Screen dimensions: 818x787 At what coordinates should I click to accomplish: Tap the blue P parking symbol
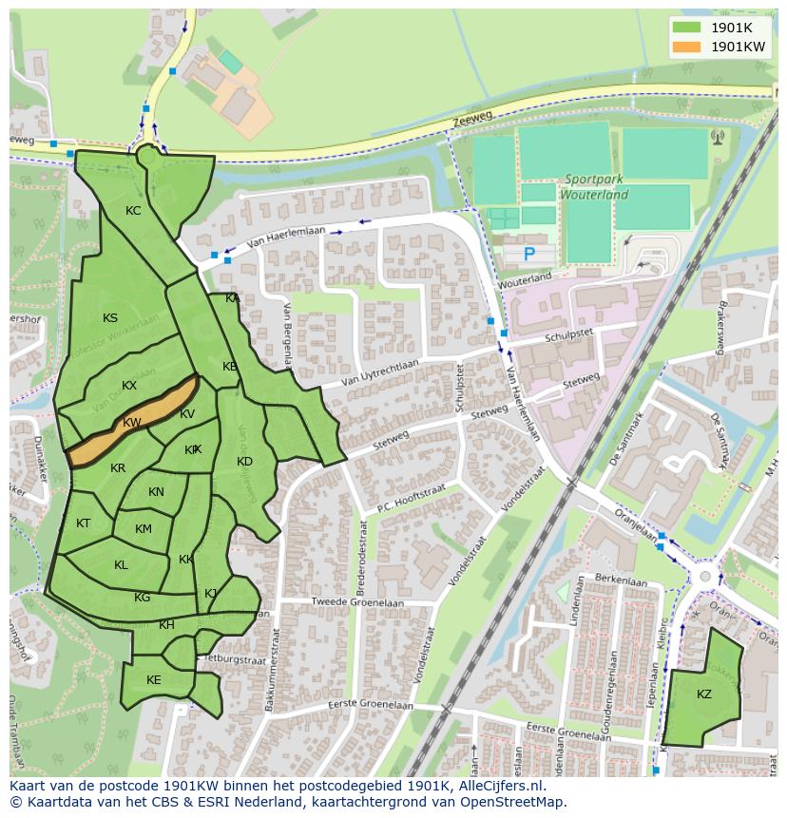pos(529,254)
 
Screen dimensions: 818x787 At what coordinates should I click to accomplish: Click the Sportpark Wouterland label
pos(595,186)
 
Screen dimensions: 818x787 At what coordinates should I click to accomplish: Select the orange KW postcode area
pos(132,423)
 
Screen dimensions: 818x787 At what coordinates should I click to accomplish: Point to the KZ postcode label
pos(703,694)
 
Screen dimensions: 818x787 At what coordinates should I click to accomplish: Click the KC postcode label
pos(133,211)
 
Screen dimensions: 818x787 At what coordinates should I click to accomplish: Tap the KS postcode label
pos(110,318)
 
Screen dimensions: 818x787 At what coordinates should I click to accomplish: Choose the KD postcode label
pos(244,462)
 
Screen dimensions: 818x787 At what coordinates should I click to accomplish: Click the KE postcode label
pos(154,679)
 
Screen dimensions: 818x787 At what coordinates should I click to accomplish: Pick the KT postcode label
pos(84,523)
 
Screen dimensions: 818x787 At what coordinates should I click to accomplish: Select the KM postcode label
pos(143,529)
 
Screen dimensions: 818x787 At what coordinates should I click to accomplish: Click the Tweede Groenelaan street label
pos(357,602)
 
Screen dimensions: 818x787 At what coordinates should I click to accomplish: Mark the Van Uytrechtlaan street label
pos(379,376)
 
